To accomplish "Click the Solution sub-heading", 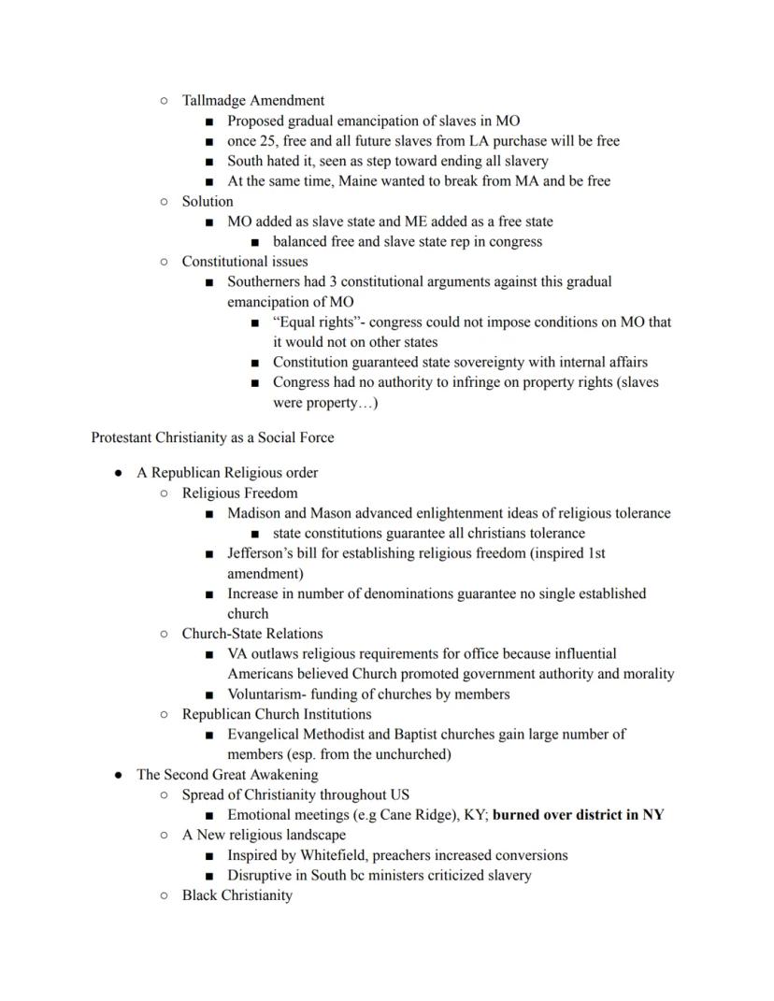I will [208, 202].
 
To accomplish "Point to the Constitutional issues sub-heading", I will [244, 262].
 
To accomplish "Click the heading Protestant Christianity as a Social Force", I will [212, 437].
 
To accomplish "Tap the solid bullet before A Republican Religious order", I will [119, 474].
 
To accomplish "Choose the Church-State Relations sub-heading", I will [252, 634].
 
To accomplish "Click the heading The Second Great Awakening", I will [227, 775].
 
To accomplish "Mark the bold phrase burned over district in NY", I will [578, 815].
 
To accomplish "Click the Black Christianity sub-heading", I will [236, 895].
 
